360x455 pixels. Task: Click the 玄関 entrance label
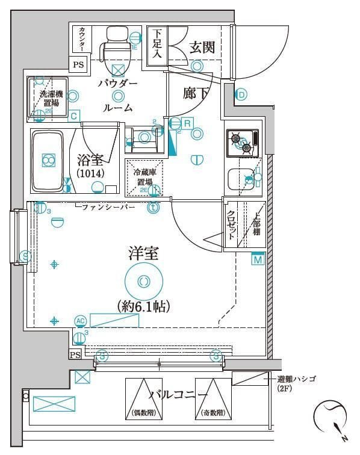[202, 48]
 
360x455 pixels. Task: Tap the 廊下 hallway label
[197, 93]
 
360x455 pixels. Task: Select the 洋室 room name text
[143, 253]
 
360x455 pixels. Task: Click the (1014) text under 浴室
[90, 173]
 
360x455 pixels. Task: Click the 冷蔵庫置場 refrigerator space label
[144, 177]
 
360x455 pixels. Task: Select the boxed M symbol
[258, 259]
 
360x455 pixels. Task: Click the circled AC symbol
[80, 320]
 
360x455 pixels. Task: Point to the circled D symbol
[241, 94]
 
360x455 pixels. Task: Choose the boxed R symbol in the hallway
[187, 123]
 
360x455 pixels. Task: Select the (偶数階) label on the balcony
[143, 413]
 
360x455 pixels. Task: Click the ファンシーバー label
[108, 207]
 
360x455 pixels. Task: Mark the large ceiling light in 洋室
[143, 280]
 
